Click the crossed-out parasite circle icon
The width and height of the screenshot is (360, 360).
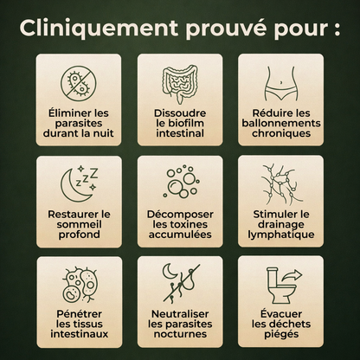(79, 82)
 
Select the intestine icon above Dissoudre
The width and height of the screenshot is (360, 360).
(179, 81)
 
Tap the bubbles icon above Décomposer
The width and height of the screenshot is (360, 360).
(179, 182)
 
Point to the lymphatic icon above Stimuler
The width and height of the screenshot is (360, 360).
(280, 183)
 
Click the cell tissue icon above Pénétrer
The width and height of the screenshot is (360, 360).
(79, 283)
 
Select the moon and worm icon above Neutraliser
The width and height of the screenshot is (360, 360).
(179, 283)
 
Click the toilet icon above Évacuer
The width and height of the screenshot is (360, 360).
(280, 283)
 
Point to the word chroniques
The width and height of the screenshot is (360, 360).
(280, 134)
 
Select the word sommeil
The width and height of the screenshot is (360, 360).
(79, 223)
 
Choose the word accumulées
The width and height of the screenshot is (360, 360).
(180, 234)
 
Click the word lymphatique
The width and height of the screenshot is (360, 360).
(280, 234)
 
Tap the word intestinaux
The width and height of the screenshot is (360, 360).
(79, 334)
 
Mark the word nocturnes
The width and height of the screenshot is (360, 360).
(180, 334)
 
